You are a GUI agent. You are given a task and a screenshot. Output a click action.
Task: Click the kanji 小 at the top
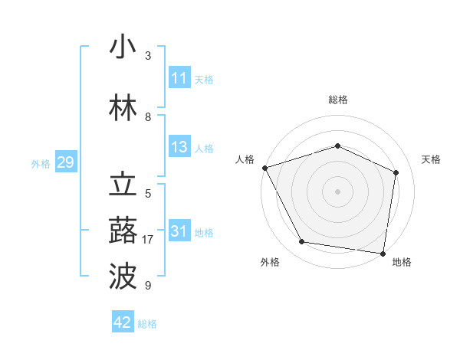(123, 47)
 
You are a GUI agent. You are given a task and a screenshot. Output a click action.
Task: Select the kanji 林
(123, 109)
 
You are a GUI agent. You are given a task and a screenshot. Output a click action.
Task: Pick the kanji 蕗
(123, 231)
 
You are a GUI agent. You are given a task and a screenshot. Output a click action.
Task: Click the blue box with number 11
(179, 78)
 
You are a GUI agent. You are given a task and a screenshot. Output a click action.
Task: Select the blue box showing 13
(179, 148)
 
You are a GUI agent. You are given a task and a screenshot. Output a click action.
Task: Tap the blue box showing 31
(179, 232)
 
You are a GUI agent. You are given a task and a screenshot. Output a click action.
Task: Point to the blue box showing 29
(65, 163)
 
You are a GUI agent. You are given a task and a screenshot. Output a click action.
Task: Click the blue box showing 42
(123, 322)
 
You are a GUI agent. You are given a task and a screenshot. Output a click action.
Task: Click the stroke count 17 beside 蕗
(148, 240)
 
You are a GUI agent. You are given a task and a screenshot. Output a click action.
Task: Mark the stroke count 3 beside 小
(148, 56)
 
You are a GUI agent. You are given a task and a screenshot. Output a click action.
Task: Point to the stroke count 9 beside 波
(148, 286)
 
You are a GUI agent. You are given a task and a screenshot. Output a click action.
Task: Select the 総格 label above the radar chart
(337, 100)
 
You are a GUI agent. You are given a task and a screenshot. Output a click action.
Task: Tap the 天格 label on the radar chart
(431, 159)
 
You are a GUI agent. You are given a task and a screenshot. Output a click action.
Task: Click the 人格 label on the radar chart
(245, 159)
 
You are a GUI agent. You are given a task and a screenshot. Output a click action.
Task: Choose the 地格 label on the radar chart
(402, 262)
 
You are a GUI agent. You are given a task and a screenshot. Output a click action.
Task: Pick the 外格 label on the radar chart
(270, 262)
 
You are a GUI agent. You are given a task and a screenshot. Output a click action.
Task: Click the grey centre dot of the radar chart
(337, 191)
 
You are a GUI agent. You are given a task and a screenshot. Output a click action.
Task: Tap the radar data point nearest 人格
(264, 168)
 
